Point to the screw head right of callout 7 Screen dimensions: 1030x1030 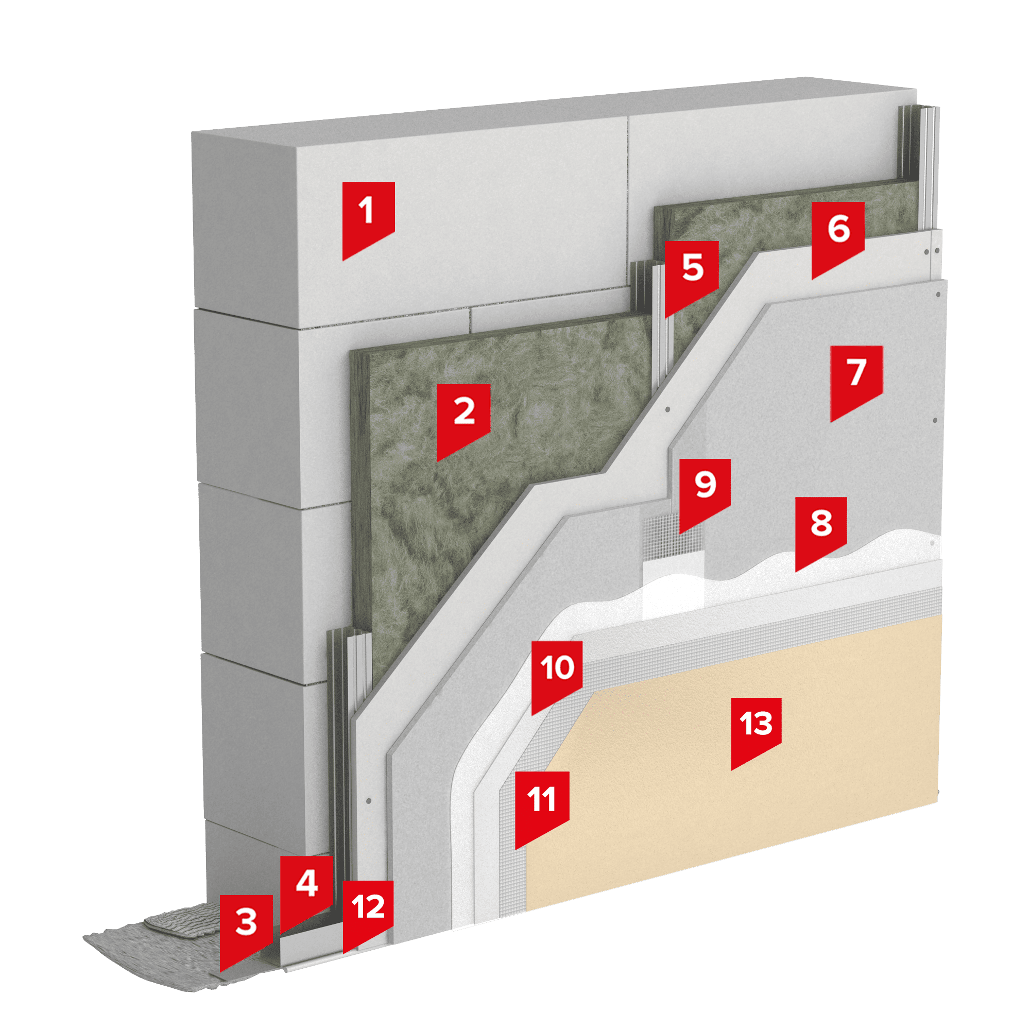click(935, 421)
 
